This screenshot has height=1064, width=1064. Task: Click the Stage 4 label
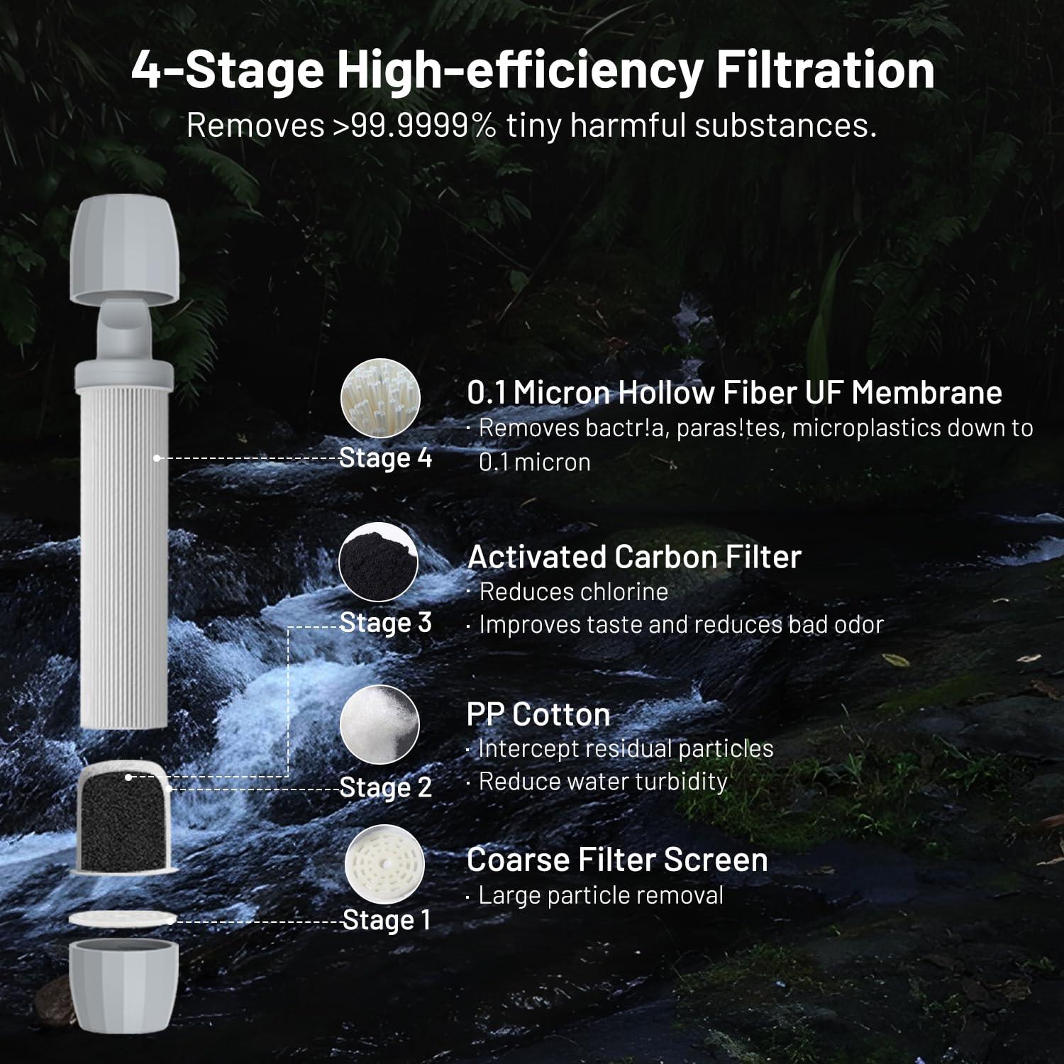[385, 458]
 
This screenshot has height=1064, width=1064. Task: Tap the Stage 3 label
[385, 623]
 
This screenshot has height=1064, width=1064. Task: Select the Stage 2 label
[385, 787]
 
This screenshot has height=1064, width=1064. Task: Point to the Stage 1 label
[386, 920]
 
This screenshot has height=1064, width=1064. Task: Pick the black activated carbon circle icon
[379, 562]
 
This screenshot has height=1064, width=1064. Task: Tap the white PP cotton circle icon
[380, 725]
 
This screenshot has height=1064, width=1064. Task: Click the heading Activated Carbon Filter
[634, 557]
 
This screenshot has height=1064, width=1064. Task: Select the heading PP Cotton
[538, 714]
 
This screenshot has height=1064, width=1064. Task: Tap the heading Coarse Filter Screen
[617, 860]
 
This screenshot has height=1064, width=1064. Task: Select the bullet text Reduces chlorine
[573, 592]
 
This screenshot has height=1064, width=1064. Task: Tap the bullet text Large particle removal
[600, 895]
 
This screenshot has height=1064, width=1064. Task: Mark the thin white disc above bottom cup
[122, 918]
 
